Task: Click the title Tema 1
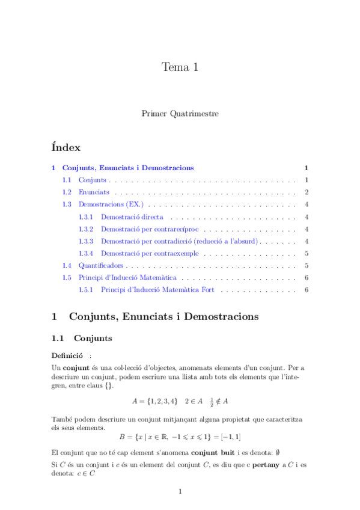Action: coord(180,67)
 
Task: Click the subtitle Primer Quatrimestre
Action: coord(180,113)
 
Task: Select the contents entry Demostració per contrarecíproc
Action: coord(150,229)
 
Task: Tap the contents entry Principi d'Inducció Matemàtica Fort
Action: coord(158,290)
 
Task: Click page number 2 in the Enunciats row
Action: coord(307,192)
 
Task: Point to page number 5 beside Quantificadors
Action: coord(307,265)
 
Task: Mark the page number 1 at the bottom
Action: coord(180,492)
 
